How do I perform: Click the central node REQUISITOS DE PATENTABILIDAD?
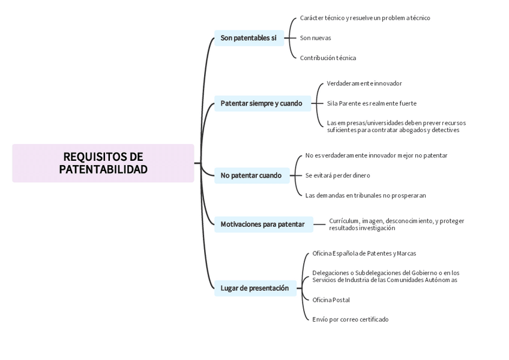pyautogui.click(x=103, y=163)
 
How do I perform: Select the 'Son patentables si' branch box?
pyautogui.click(x=248, y=38)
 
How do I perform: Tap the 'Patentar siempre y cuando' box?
pyautogui.click(x=262, y=103)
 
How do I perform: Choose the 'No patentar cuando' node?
pyautogui.click(x=251, y=176)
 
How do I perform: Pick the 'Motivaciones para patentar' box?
pyautogui.click(x=263, y=224)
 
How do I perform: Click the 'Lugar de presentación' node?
pyautogui.click(x=255, y=288)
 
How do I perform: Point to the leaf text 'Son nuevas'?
pyautogui.click(x=316, y=38)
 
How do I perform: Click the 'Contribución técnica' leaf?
pyautogui.click(x=328, y=58)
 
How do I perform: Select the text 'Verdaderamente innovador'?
pyautogui.click(x=364, y=83)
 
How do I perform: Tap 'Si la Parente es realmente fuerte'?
pyautogui.click(x=372, y=103)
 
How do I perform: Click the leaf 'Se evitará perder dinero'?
pyautogui.click(x=338, y=176)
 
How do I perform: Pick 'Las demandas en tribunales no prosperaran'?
pyautogui.click(x=366, y=196)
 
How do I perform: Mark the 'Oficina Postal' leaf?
pyautogui.click(x=331, y=300)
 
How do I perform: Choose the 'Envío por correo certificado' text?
pyautogui.click(x=351, y=320)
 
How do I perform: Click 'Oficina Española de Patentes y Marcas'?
pyautogui.click(x=364, y=254)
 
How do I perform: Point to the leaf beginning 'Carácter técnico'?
pyautogui.click(x=365, y=18)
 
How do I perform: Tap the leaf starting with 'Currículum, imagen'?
pyautogui.click(x=396, y=224)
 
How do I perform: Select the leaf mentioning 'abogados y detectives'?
pyautogui.click(x=396, y=127)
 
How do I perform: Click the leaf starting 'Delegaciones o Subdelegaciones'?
pyautogui.click(x=385, y=276)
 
